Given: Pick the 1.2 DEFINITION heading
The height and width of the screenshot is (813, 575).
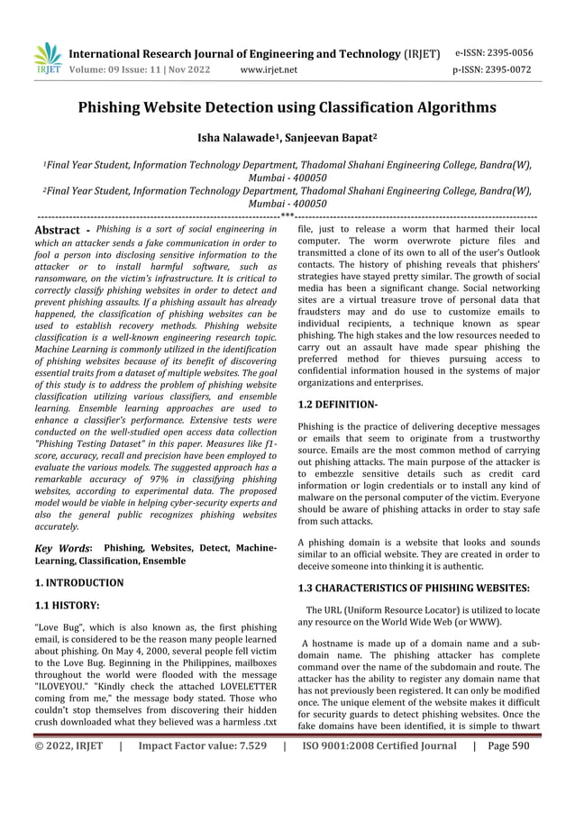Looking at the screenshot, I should click(x=337, y=406).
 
